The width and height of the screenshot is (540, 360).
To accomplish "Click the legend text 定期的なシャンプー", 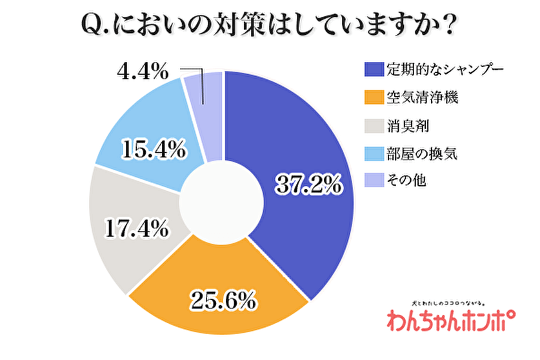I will tap(443, 69).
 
